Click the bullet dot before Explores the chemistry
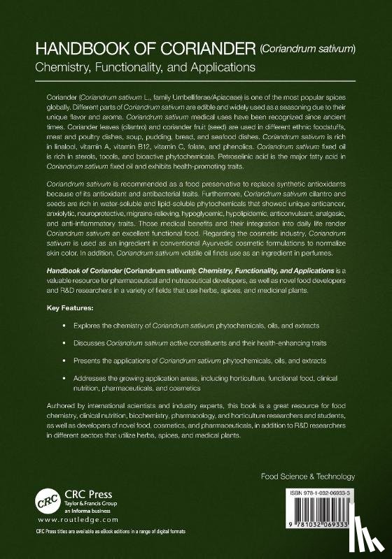click(x=64, y=326)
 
